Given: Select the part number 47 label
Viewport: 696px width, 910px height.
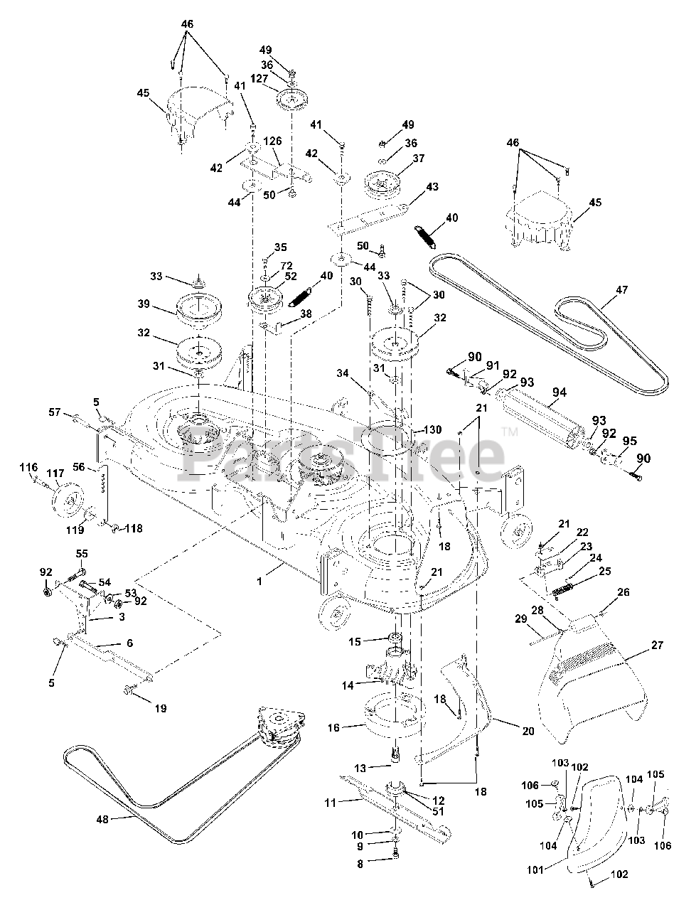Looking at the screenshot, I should [x=622, y=290].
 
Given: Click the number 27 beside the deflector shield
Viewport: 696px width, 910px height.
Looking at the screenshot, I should [x=656, y=646].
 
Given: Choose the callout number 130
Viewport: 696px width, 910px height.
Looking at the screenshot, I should [x=433, y=430].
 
